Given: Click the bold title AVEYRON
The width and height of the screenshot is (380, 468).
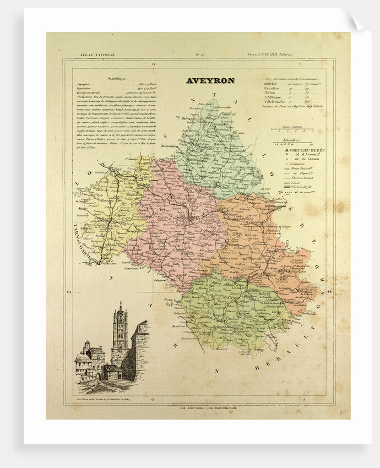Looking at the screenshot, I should point(210,80).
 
